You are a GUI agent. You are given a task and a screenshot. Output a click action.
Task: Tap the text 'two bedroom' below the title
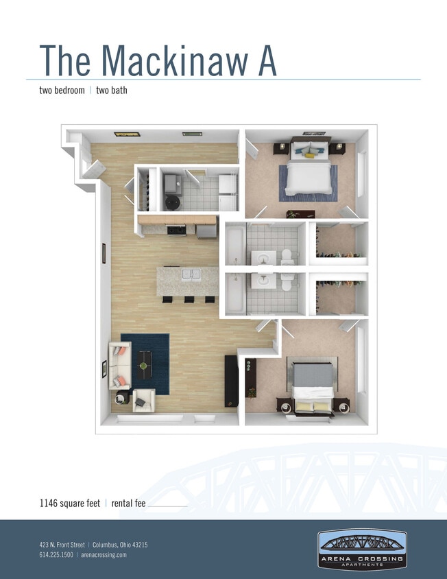coord(62,90)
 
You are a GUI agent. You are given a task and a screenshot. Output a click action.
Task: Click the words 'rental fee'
coord(127,504)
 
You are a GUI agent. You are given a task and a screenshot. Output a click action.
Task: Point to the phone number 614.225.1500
coord(56,554)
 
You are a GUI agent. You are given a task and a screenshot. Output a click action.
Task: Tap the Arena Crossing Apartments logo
coord(362,548)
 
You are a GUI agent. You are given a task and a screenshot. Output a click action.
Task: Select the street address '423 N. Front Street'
coord(63,545)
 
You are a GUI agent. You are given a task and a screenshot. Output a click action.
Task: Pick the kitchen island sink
coord(190,276)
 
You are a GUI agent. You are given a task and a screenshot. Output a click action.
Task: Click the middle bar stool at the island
coord(188,299)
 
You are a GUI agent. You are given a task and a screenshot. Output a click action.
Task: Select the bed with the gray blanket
coord(311,385)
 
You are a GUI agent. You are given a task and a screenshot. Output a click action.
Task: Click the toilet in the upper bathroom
coord(287,256)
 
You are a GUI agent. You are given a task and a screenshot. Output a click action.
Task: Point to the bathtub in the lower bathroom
coord(233,294)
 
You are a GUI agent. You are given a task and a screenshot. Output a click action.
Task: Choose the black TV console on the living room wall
coord(231,380)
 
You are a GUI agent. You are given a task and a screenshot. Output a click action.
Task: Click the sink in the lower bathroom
coord(262,281)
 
